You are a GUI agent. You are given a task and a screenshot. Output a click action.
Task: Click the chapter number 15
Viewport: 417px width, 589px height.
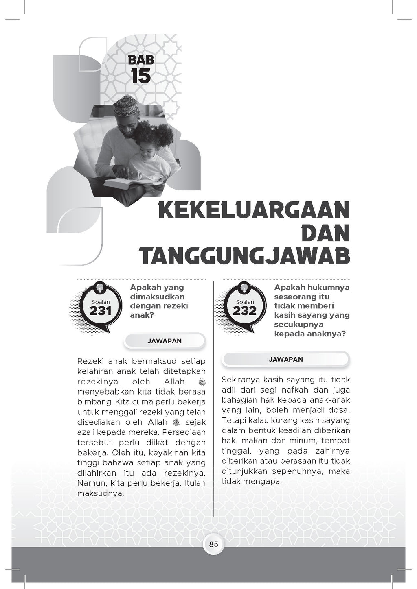coord(141,76)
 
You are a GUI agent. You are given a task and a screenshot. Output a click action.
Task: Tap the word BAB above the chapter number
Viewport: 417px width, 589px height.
coord(141,60)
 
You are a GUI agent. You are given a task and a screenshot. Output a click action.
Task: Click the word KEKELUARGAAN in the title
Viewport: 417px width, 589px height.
coord(254,211)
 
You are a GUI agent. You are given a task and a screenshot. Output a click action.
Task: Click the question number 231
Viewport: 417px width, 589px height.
coord(100,311)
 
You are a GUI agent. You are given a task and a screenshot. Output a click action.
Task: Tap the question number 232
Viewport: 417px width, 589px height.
coord(245,311)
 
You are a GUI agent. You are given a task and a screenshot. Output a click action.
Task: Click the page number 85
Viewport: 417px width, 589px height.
coord(214,544)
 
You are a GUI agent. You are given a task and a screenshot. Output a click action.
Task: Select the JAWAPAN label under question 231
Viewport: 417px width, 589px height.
coord(165,341)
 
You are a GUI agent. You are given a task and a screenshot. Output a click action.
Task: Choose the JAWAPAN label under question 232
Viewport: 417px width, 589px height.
coord(286,360)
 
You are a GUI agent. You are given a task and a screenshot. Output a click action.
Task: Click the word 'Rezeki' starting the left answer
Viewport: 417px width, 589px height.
coord(88,362)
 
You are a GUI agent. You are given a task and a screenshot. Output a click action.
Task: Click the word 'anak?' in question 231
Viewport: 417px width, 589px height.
coord(142,315)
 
